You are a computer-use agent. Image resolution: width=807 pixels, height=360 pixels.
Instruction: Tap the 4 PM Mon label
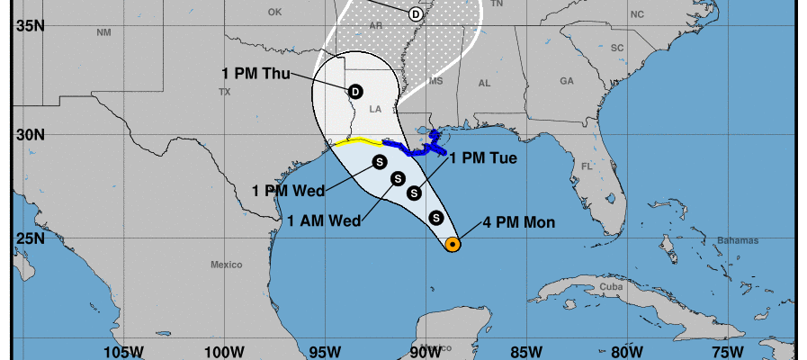tap(519, 222)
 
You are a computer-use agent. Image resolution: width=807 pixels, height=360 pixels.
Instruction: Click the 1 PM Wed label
tap(288, 191)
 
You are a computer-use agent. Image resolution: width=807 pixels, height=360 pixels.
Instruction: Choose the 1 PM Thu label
tap(256, 74)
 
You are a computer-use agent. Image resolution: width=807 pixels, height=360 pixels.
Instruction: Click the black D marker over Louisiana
tap(355, 91)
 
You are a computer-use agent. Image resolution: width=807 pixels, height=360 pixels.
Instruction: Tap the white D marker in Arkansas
tap(415, 13)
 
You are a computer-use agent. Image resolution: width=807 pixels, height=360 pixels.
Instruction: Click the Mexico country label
tap(227, 265)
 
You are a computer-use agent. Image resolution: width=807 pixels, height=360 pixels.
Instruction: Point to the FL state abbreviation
tap(587, 166)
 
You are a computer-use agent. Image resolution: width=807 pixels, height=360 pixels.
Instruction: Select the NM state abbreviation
tap(103, 32)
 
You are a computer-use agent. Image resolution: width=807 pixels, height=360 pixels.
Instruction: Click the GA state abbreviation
tap(566, 80)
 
